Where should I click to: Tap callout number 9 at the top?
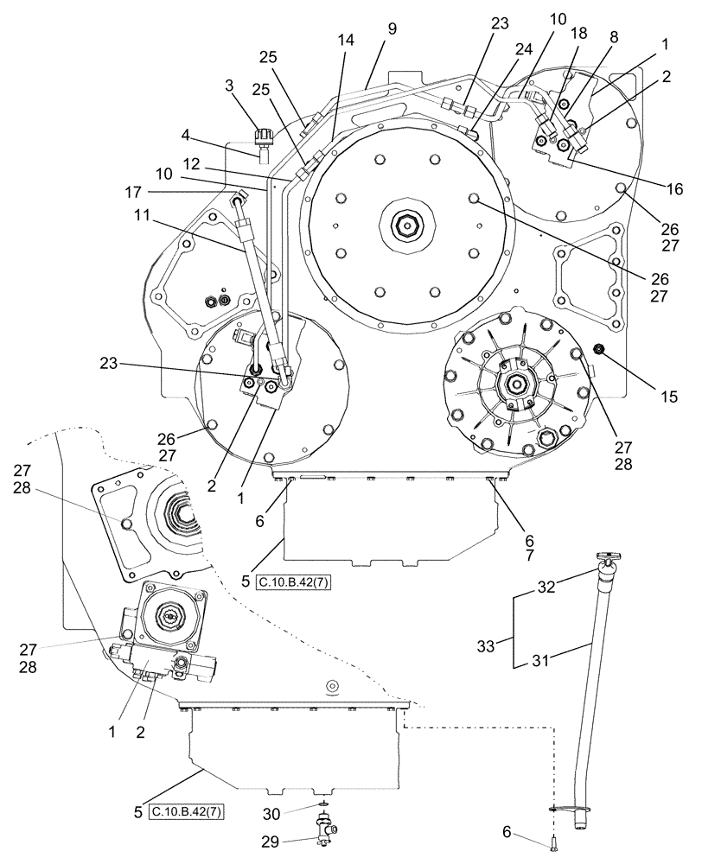[392, 29]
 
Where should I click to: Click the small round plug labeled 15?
[598, 348]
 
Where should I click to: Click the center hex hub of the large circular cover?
[405, 227]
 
